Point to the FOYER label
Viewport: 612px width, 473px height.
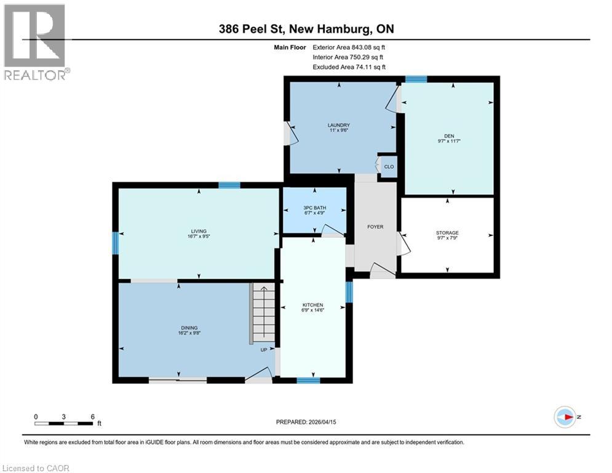click(x=375, y=227)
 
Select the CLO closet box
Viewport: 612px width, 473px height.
click(x=389, y=166)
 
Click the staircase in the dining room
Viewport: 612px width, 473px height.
click(x=263, y=313)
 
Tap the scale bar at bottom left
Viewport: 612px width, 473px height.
click(x=64, y=422)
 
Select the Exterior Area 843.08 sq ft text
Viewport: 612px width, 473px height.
click(x=349, y=47)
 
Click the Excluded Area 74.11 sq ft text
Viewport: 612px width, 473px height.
click(x=349, y=67)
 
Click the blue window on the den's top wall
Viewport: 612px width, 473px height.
click(x=416, y=79)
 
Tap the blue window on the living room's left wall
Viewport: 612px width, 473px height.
click(x=115, y=243)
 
